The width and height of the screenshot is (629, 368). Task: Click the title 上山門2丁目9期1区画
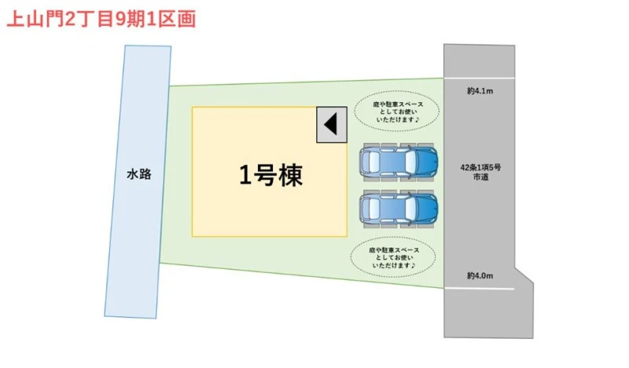point(101,19)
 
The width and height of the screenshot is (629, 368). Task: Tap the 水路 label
point(139,174)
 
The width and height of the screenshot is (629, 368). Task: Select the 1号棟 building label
point(270,175)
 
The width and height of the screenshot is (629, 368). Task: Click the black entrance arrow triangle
point(330,124)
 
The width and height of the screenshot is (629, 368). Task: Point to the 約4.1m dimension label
point(480,91)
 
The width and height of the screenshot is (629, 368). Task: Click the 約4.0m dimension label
point(480,276)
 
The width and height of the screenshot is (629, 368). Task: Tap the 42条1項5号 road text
point(480,167)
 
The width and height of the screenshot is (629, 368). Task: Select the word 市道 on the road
point(480,177)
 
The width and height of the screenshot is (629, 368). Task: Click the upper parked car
point(399,162)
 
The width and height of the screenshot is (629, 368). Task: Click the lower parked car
point(399,208)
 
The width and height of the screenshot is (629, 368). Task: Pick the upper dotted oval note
point(396,112)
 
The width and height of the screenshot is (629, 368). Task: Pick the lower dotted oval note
point(393,257)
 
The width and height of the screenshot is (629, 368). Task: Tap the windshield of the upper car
point(410,162)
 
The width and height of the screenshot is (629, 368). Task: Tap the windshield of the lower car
point(410,208)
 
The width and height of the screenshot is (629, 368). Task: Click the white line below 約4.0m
point(479,288)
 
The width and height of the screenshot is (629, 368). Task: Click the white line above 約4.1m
point(479,78)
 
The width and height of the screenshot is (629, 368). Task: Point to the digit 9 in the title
point(121,19)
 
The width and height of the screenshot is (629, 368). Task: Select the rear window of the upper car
point(373,162)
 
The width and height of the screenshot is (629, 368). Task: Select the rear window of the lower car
point(373,208)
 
